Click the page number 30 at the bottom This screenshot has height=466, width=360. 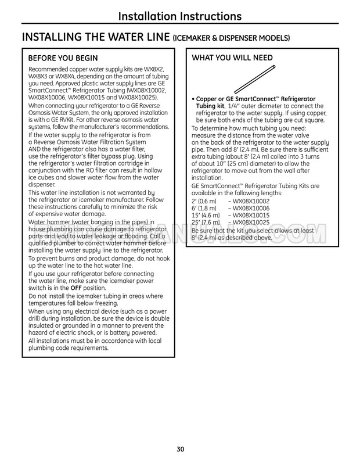(180, 449)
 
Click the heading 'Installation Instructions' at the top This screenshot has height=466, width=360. (179, 16)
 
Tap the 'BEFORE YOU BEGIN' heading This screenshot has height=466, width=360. (63, 58)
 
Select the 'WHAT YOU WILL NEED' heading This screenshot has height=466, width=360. (232, 58)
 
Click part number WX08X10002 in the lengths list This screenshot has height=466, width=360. (251, 201)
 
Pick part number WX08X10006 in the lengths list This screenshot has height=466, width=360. (251, 208)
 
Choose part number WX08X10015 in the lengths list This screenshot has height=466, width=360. (251, 215)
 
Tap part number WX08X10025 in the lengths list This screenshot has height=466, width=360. (251, 223)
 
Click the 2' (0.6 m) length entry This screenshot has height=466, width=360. (204, 201)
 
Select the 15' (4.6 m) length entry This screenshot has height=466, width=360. (206, 215)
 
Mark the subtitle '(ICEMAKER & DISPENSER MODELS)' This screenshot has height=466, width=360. (232, 39)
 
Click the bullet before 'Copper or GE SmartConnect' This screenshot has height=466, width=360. (193, 99)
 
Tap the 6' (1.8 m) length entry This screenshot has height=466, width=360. (204, 208)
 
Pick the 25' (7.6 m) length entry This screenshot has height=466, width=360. (206, 223)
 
